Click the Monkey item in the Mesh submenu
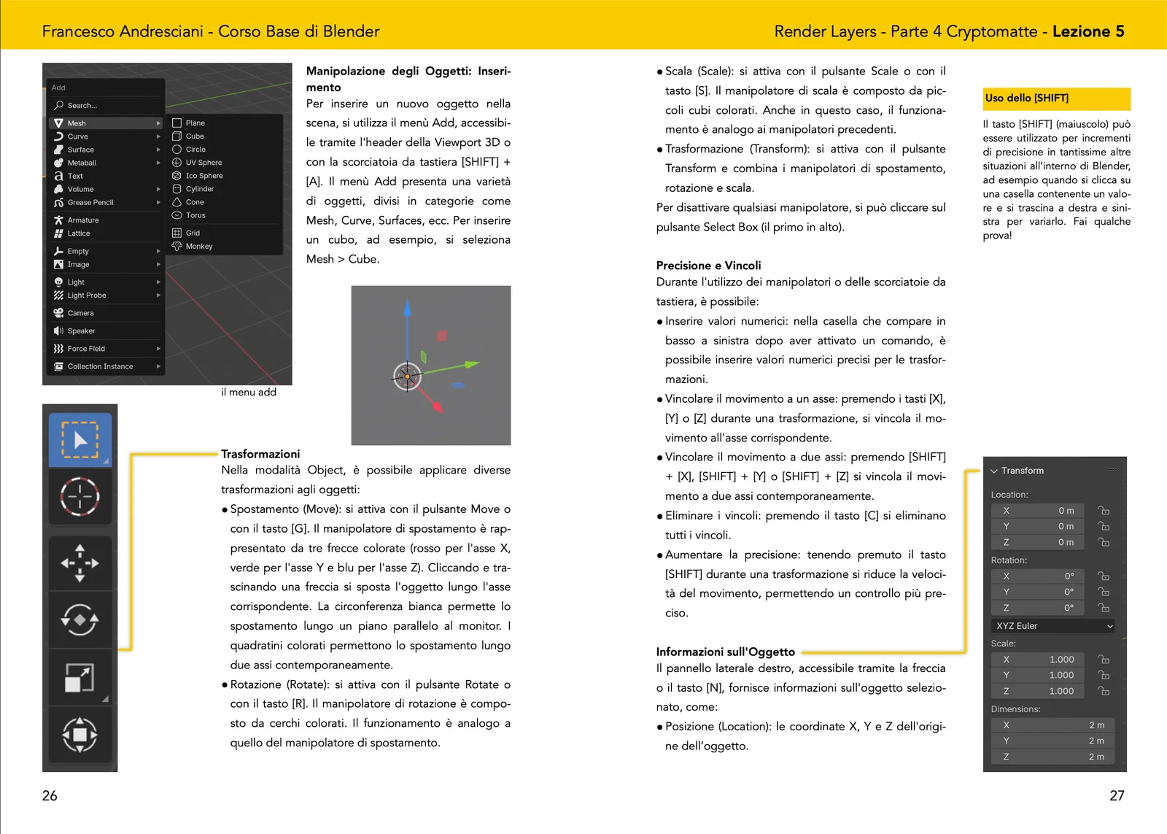pyautogui.click(x=198, y=247)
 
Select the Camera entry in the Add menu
pyautogui.click(x=80, y=313)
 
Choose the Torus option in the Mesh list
pyautogui.click(x=195, y=215)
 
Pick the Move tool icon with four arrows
pyautogui.click(x=80, y=563)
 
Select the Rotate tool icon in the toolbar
pyautogui.click(x=80, y=620)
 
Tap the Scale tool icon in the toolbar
pyautogui.click(x=80, y=678)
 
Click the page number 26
pyautogui.click(x=50, y=795)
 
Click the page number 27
pyautogui.click(x=1117, y=795)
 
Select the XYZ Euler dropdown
pyautogui.click(x=1053, y=626)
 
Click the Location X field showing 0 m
pyautogui.click(x=1037, y=511)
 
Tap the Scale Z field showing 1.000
pyautogui.click(x=1037, y=691)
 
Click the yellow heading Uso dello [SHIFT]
pyautogui.click(x=1027, y=98)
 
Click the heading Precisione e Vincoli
pyautogui.click(x=708, y=266)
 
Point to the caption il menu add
pyautogui.click(x=249, y=392)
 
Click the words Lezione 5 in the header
pyautogui.click(x=1087, y=31)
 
